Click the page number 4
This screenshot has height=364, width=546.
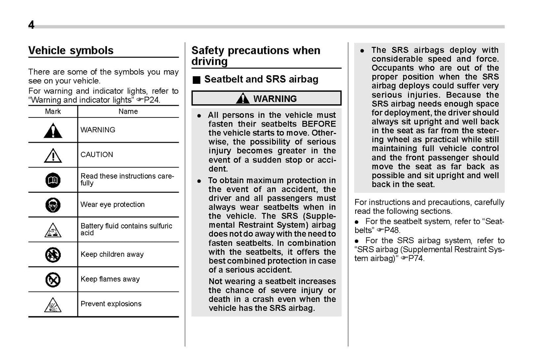click(31, 25)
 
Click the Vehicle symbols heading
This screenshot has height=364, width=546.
click(71, 51)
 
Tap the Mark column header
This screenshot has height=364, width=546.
click(53, 111)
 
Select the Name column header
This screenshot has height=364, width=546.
click(128, 111)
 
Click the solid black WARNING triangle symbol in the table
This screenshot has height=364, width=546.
click(53, 131)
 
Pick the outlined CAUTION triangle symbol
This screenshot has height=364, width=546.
click(53, 155)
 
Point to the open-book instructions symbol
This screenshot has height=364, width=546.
click(53, 180)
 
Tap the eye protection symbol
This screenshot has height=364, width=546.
click(53, 205)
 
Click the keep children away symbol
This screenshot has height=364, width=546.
click(53, 255)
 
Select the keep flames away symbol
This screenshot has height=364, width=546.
click(53, 280)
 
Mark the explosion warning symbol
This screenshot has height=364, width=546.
click(53, 305)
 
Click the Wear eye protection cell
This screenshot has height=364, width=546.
click(113, 205)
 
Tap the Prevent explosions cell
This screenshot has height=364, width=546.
click(111, 304)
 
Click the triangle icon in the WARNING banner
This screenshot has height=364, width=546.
click(242, 99)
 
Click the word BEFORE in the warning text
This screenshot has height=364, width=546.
click(319, 124)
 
